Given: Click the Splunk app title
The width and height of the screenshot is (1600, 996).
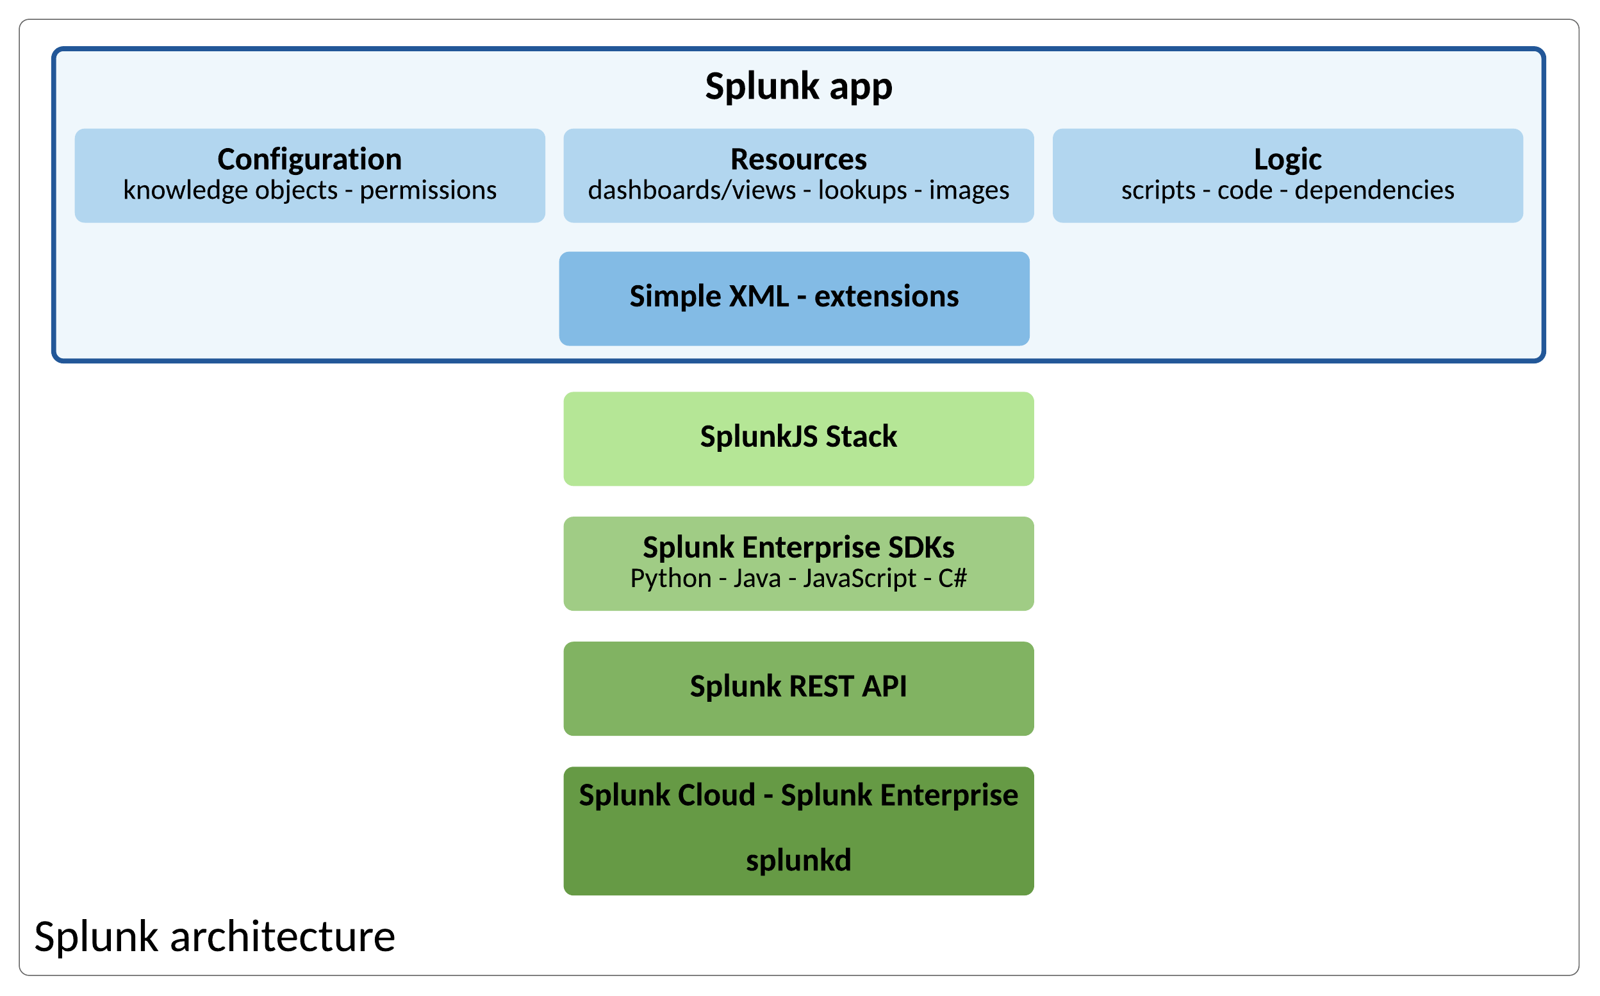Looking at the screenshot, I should click(798, 87).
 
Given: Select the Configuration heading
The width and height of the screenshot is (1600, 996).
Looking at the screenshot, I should click(309, 160).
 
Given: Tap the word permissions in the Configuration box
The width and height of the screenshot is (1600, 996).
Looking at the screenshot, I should click(428, 190).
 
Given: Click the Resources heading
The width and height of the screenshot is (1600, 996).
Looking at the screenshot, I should click(798, 160).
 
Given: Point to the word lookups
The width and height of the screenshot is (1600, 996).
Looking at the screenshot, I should click(862, 190).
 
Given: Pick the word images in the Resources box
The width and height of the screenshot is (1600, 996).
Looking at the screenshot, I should click(969, 190).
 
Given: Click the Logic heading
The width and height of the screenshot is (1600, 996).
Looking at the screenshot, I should click(1287, 160).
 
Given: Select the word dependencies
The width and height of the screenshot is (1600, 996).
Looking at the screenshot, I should click(1374, 190).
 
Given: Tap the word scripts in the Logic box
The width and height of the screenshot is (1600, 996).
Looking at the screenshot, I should click(1158, 190).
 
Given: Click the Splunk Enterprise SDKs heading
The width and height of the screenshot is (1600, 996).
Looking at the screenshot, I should click(798, 547).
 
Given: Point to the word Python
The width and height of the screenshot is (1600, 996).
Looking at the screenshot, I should click(670, 578).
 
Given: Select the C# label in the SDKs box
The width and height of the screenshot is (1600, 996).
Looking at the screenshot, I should click(952, 578).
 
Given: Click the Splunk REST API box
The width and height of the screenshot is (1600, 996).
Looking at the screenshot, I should click(798, 686).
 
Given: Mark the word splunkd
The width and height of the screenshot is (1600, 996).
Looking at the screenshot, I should click(798, 860).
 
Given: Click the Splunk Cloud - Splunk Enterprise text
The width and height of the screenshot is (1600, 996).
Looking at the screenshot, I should click(798, 795).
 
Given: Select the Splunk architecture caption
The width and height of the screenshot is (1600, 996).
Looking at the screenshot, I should click(215, 937).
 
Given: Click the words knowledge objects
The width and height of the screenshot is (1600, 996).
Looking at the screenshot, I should click(230, 190).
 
